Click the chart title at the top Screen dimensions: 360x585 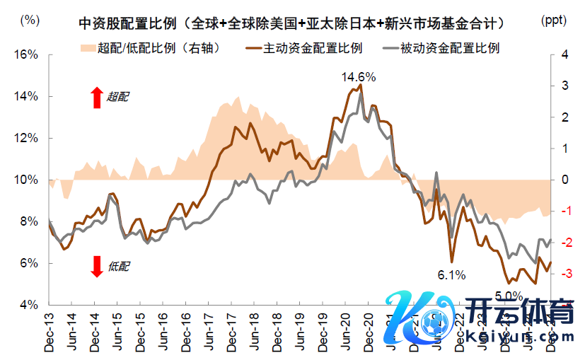(x=292, y=23)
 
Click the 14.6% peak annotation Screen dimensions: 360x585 (x=359, y=76)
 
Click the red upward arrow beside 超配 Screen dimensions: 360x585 (x=97, y=98)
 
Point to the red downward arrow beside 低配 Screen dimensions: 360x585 (x=97, y=266)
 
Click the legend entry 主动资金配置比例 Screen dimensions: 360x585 (x=304, y=49)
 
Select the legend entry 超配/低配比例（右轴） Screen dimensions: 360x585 (x=151, y=49)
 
